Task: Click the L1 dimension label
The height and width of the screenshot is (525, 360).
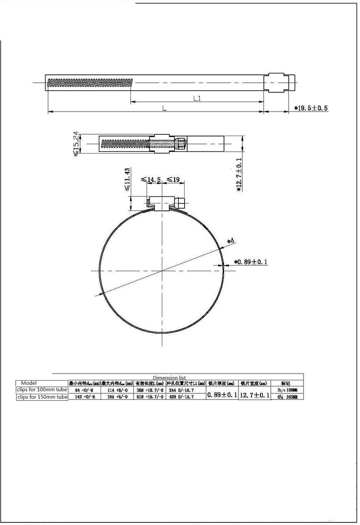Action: (197, 98)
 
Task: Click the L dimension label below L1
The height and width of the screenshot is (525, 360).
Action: (164, 108)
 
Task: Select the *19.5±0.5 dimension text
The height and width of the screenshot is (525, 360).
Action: (311, 108)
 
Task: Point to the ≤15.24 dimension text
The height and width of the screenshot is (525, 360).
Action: (77, 143)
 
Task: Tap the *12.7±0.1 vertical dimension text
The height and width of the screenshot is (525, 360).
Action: (239, 175)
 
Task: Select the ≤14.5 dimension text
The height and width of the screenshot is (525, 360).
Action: (151, 179)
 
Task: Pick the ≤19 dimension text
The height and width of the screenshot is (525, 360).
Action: (173, 179)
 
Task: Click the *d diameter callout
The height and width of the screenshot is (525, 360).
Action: (231, 241)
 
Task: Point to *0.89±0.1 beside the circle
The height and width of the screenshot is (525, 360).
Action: (251, 262)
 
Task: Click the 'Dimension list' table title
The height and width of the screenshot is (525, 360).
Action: (169, 378)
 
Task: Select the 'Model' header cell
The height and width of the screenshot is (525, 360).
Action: (29, 383)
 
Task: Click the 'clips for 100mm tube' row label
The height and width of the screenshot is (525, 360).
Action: (42, 389)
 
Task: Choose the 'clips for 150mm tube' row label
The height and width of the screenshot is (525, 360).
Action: (42, 397)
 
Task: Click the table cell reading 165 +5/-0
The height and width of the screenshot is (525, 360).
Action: (117, 397)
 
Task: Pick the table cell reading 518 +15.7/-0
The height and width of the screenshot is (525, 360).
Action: (150, 397)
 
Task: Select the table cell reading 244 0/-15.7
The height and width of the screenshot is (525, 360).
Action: (181, 390)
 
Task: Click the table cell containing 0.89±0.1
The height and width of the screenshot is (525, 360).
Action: (222, 394)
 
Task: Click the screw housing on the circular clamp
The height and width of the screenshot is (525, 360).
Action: (163, 203)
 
